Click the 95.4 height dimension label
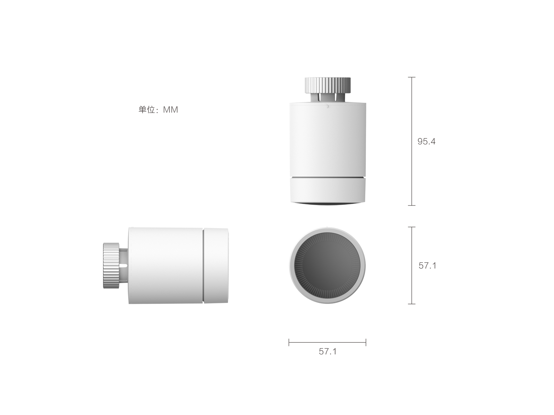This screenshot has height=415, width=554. click(x=426, y=141)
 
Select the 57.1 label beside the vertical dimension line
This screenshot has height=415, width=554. click(x=427, y=266)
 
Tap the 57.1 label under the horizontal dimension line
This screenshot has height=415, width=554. click(x=328, y=351)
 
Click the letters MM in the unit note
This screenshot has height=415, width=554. click(x=170, y=110)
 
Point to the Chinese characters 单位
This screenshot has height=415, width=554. click(x=146, y=110)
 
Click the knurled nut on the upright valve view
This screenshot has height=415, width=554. click(x=328, y=85)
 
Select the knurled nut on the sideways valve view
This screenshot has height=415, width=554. click(x=111, y=266)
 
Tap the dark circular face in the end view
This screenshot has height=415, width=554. click(x=327, y=266)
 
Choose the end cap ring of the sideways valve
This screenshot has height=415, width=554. click(x=216, y=266)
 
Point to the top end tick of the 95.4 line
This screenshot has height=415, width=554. click(x=411, y=77)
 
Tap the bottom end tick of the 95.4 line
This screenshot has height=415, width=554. click(x=411, y=205)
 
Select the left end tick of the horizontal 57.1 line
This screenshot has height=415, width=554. click(x=289, y=343)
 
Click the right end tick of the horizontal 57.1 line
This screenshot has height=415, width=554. click(x=366, y=343)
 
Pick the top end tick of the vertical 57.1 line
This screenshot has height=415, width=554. click(x=411, y=227)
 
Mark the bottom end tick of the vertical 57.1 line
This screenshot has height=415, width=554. click(x=411, y=304)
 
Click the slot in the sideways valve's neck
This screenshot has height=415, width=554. click(x=124, y=266)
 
